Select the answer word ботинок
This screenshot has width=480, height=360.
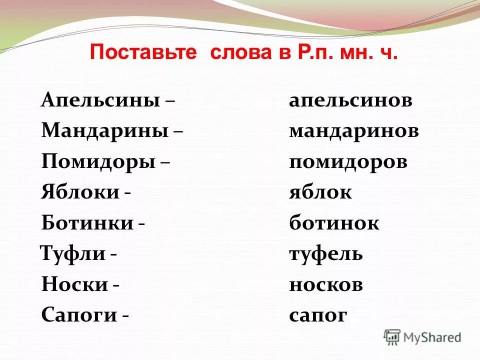334,223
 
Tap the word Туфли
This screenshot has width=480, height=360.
72,254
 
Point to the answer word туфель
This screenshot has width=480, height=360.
325,254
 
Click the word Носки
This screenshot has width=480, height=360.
75,285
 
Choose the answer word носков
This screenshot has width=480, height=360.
325,285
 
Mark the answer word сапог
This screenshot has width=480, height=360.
317,316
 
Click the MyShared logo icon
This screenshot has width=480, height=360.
392,337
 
